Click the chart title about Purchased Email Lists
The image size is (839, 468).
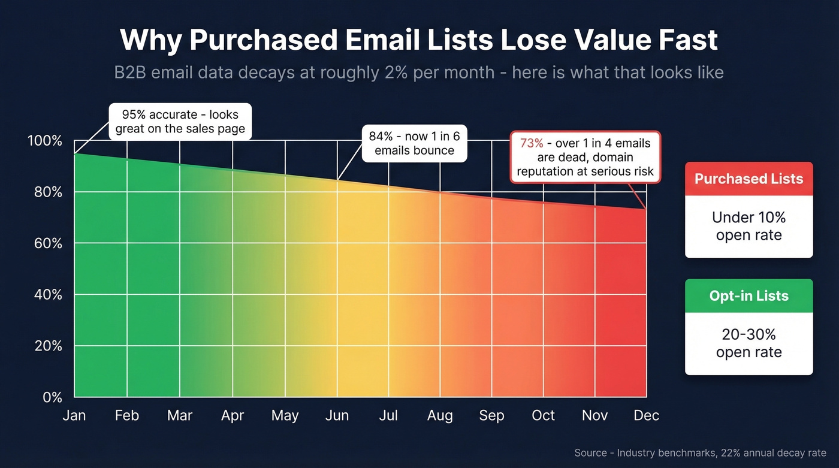click(419, 41)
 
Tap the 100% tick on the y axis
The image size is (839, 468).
click(45, 141)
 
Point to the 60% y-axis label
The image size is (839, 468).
click(45, 244)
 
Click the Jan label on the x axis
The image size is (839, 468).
click(74, 416)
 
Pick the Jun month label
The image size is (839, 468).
click(337, 416)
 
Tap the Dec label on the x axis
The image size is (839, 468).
click(646, 416)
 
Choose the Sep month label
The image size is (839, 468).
click(491, 416)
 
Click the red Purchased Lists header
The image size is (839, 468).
click(749, 179)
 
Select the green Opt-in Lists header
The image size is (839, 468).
click(749, 296)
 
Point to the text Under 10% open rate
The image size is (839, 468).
click(749, 226)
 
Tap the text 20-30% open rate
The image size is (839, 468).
click(749, 343)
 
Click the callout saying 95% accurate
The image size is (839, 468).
click(180, 122)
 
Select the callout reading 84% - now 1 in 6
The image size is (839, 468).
click(414, 143)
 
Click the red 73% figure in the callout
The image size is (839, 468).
click(531, 144)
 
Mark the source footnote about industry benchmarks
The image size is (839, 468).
click(700, 453)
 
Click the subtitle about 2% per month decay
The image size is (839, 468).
click(419, 73)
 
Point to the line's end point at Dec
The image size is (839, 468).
click(646, 209)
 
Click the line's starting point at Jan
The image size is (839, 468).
click(74, 154)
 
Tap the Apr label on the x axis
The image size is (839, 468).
click(233, 416)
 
